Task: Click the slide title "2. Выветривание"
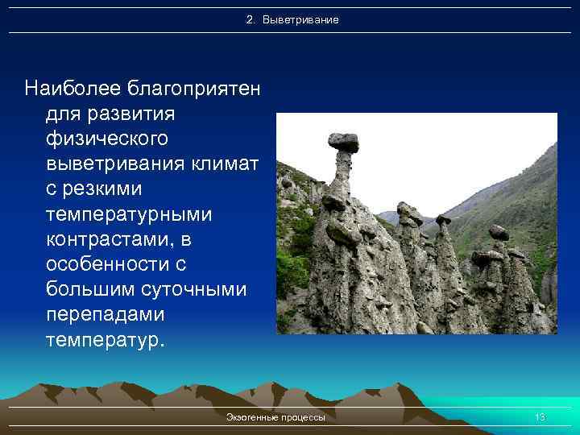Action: [x=292, y=19]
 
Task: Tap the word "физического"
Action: [x=108, y=139]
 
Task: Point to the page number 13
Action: [x=540, y=417]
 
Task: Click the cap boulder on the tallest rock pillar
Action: [x=343, y=143]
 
